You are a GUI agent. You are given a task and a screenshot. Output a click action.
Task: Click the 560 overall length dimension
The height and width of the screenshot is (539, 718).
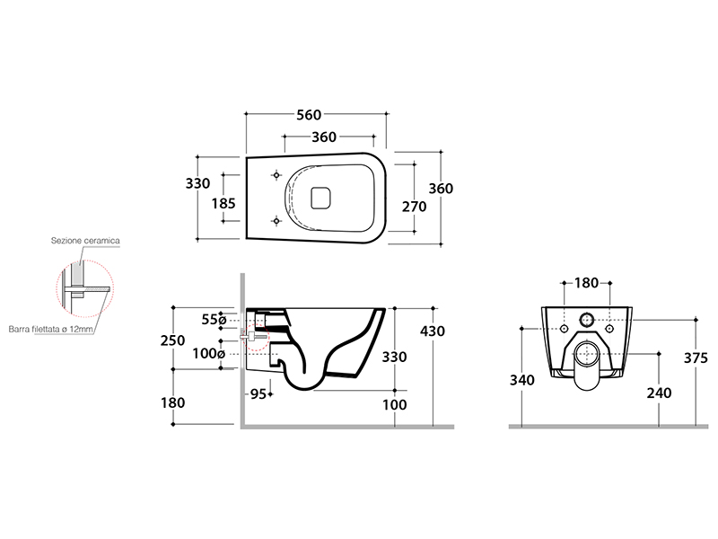tap(309, 115)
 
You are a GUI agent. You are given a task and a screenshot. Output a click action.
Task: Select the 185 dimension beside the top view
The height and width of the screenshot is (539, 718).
tap(223, 203)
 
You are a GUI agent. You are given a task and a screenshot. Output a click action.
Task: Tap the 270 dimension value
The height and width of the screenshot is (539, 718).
tap(415, 207)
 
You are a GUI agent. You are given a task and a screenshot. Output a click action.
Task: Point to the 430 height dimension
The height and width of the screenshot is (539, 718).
tap(433, 331)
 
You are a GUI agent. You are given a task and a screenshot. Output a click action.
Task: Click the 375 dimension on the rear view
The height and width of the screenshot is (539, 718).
tap(696, 358)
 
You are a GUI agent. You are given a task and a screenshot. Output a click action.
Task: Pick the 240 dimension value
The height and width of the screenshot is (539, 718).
tap(659, 393)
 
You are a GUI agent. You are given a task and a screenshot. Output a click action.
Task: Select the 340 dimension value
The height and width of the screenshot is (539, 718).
tap(522, 380)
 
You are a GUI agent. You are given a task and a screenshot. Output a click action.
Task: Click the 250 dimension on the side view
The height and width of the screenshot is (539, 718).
tap(172, 340)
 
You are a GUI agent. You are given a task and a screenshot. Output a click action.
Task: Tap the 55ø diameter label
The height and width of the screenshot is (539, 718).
tap(214, 320)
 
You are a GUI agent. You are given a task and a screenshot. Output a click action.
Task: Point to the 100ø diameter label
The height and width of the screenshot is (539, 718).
tap(209, 353)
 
